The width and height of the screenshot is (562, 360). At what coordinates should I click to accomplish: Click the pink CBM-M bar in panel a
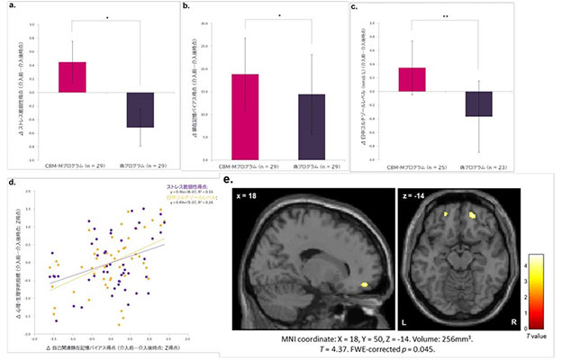click(x=72, y=77)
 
